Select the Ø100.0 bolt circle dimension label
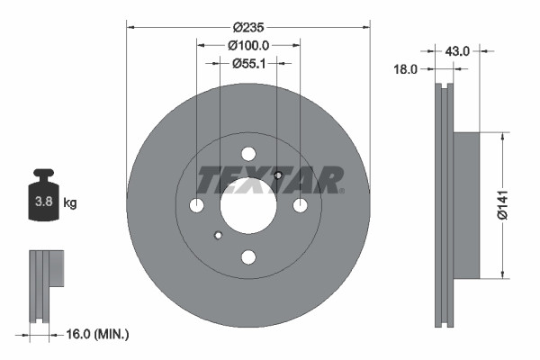coord(247,44)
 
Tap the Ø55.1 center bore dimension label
coord(247,63)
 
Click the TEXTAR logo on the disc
coord(269,181)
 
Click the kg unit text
coord(70,203)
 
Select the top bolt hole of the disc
coord(248,154)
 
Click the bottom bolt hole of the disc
coord(248,257)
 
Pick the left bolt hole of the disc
coord(197,206)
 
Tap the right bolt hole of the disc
coord(300,206)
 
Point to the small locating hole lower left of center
coord(218,237)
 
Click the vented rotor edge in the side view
coord(444,204)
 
